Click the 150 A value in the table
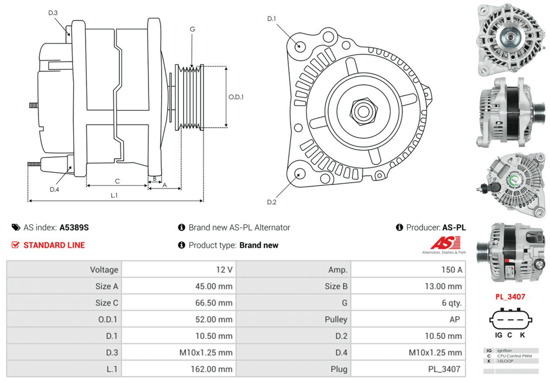point(451,270)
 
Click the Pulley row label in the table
point(336,319)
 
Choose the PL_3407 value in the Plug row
point(446,369)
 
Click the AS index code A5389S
point(74,227)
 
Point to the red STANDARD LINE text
point(54,245)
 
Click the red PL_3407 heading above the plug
point(510,297)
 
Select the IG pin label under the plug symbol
point(498,335)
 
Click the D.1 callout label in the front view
point(272,19)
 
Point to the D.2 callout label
point(271,202)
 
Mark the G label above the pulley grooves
point(192,29)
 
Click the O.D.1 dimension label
point(236,97)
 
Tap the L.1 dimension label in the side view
point(114,195)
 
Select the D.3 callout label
point(53,13)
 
